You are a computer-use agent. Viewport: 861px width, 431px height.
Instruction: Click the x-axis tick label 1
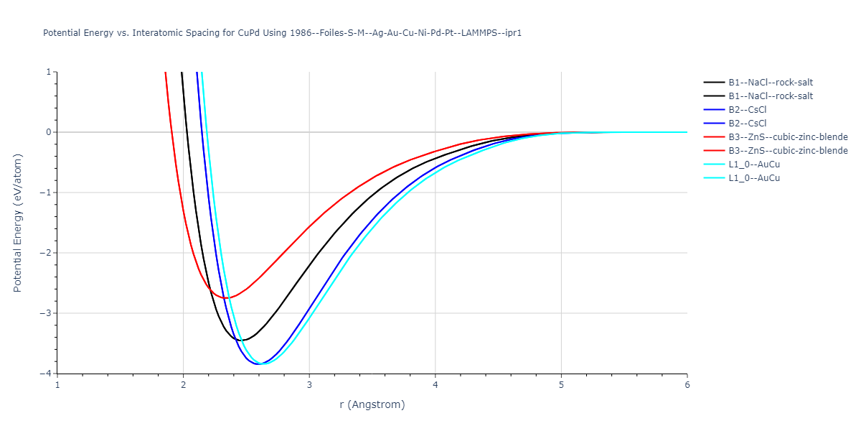click(57, 385)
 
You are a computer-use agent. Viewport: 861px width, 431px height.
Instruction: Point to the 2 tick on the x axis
click(184, 385)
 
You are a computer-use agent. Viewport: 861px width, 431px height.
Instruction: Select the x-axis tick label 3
click(309, 385)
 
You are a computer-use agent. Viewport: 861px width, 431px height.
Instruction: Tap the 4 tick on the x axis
click(436, 385)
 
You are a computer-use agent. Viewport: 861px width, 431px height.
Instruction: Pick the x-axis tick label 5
click(561, 385)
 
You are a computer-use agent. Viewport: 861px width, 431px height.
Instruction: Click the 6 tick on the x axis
click(687, 385)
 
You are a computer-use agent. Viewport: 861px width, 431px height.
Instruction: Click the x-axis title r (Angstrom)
click(372, 404)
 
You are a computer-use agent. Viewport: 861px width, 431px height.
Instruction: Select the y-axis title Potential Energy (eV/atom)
click(18, 223)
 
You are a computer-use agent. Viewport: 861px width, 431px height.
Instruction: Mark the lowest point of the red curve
click(227, 297)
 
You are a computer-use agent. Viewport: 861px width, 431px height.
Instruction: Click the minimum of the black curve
click(243, 340)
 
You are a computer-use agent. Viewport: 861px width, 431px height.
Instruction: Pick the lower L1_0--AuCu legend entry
click(753, 178)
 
